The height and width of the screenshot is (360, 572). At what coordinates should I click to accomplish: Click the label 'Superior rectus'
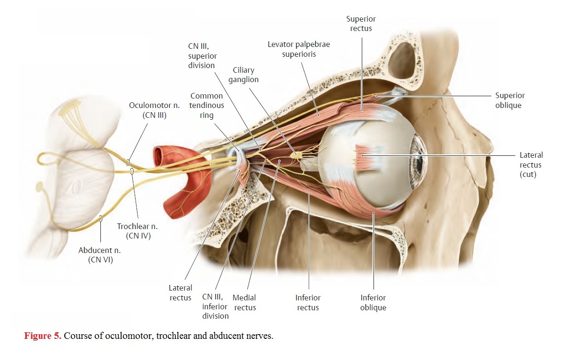pyautogui.click(x=361, y=23)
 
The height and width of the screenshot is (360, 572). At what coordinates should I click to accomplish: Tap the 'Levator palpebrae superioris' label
pyautogui.click(x=299, y=49)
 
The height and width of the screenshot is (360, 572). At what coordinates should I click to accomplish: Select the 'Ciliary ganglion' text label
pyautogui.click(x=244, y=75)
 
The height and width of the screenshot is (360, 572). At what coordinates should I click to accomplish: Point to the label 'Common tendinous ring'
pyautogui.click(x=206, y=105)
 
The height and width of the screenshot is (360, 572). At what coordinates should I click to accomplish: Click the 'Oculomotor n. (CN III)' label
pyautogui.click(x=154, y=110)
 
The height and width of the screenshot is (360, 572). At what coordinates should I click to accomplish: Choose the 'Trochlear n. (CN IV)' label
pyautogui.click(x=137, y=231)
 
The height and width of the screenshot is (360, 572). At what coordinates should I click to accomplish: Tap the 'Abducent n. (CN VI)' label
pyautogui.click(x=99, y=255)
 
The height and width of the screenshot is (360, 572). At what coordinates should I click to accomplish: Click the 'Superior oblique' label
pyautogui.click(x=510, y=100)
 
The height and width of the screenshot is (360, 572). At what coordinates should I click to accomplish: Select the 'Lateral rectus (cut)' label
pyautogui.click(x=531, y=165)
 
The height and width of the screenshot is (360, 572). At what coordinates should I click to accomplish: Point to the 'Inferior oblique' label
pyautogui.click(x=373, y=303)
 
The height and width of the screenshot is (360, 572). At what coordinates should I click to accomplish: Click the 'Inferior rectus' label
pyautogui.click(x=308, y=303)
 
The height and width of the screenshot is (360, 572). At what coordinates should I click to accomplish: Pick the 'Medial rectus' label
pyautogui.click(x=244, y=303)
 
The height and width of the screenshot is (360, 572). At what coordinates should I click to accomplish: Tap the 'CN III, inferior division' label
pyautogui.click(x=215, y=306)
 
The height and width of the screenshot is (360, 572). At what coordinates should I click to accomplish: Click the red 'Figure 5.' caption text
pyautogui.click(x=43, y=336)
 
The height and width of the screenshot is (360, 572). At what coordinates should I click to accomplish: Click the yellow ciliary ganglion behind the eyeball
pyautogui.click(x=296, y=154)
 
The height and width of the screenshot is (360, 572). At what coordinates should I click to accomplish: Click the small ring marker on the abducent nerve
pyautogui.click(x=101, y=218)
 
